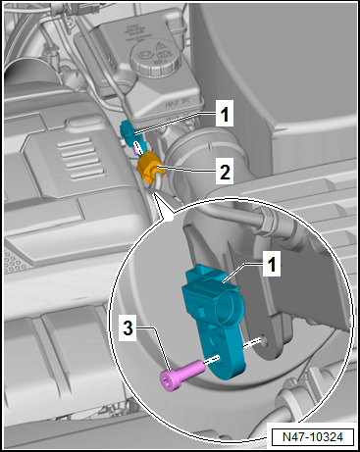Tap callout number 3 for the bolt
(x=128, y=328)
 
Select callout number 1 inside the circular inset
(x=272, y=264)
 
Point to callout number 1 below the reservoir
(x=225, y=114)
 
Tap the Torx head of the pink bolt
(x=169, y=380)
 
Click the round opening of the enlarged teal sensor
(x=228, y=306)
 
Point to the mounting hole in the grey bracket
(x=264, y=340)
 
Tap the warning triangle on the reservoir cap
(x=159, y=46)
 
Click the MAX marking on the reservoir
(x=175, y=104)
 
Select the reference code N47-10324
(x=312, y=437)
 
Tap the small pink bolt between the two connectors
(x=135, y=151)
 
